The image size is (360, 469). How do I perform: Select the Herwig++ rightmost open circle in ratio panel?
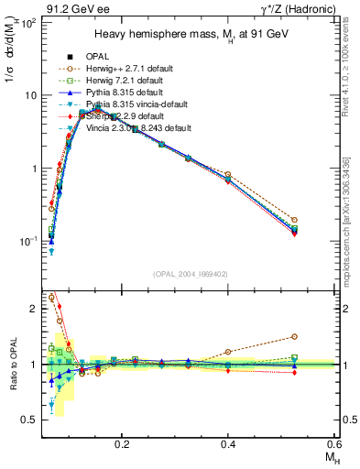[x=294, y=336]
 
